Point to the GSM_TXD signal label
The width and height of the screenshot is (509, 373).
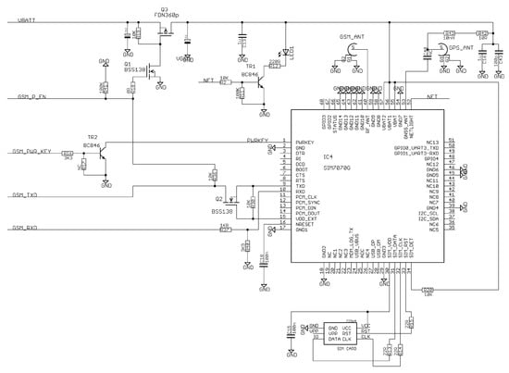(23, 196)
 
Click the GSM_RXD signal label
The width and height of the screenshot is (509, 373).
(23, 227)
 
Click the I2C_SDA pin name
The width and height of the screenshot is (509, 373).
(429, 218)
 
